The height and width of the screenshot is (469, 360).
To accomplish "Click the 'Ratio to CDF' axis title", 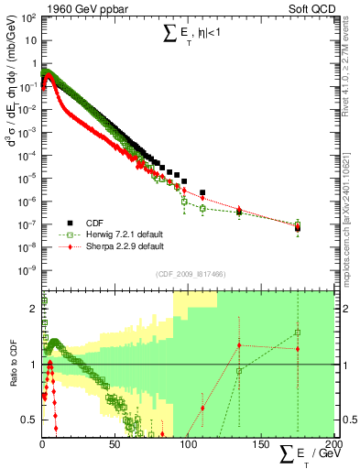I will click(13, 365).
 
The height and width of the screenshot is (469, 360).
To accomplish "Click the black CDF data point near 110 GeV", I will click(202, 192).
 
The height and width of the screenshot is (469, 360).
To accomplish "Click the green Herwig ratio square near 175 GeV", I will click(298, 333).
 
